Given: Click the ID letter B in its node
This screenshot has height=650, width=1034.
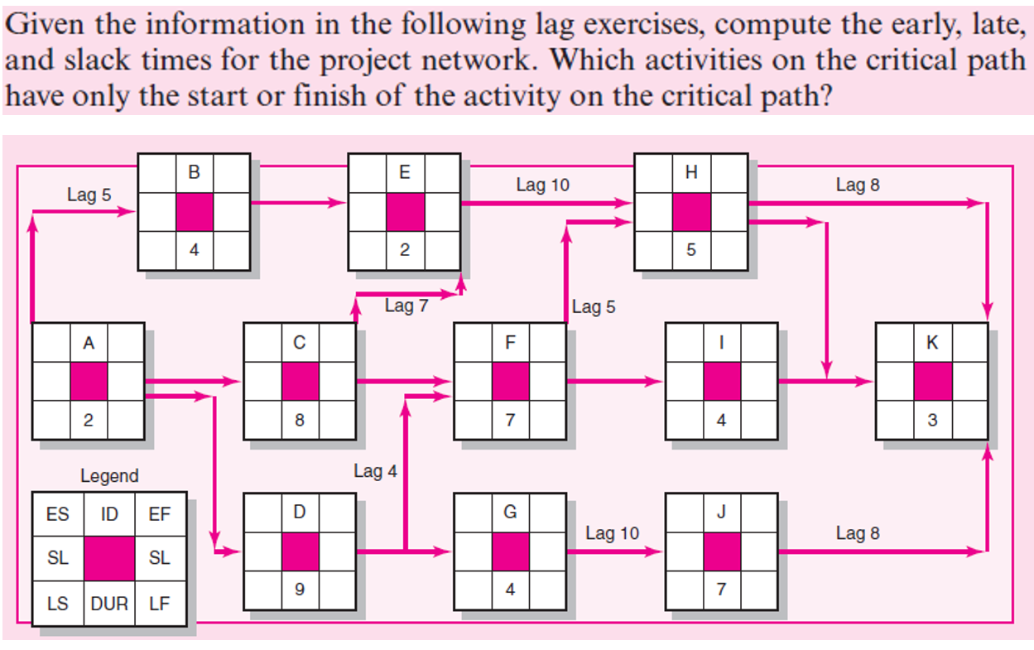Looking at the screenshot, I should click(194, 173).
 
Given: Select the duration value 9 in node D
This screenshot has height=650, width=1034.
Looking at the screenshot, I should click(299, 590).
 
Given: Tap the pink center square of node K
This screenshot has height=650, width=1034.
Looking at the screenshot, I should click(932, 381).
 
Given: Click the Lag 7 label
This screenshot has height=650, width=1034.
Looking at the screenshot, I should click(406, 306).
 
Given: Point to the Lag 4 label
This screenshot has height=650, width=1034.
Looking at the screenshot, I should click(375, 471).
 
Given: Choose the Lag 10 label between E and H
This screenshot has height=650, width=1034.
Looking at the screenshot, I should click(543, 185).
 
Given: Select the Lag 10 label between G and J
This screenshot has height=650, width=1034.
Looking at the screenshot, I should click(612, 533).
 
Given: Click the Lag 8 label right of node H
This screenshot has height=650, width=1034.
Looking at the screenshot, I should click(858, 185).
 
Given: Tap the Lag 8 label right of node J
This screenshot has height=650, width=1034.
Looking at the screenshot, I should click(858, 533).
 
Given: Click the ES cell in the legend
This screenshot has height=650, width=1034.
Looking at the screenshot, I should click(58, 514).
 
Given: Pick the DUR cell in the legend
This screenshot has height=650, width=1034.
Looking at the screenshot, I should click(108, 604).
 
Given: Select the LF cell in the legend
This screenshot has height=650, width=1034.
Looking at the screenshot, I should click(159, 604).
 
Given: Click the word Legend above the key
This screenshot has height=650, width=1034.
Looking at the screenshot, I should click(109, 476).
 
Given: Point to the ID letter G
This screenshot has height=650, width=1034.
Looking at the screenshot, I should click(510, 513).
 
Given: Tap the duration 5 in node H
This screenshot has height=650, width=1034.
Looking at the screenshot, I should click(690, 252).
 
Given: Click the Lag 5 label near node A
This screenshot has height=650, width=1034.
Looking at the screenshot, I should click(89, 195).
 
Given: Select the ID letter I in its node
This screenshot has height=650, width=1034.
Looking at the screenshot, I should click(721, 342).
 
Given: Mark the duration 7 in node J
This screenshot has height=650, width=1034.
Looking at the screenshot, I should click(721, 590).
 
